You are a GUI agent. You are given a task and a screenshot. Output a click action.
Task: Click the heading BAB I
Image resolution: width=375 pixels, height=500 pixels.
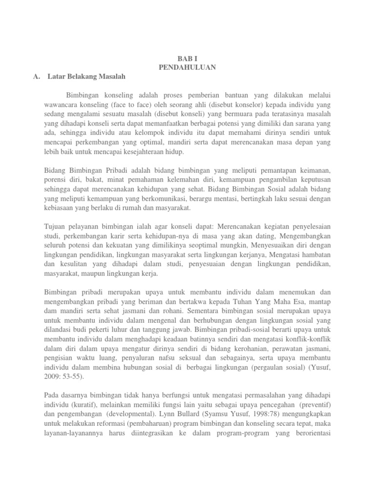[187, 57]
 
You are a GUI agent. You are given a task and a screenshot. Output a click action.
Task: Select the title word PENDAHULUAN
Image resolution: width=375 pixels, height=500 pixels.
[187, 66]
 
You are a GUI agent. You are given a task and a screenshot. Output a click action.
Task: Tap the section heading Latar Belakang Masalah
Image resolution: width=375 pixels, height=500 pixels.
[87, 76]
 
